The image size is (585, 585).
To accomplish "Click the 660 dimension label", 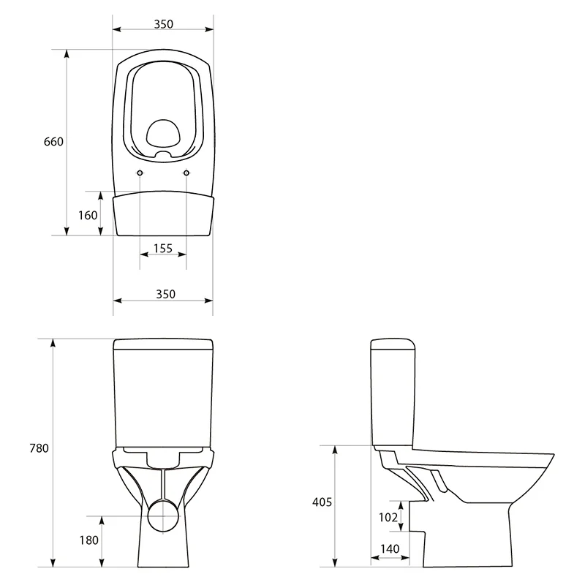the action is [x=53, y=142].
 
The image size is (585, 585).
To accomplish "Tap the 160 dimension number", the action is [x=88, y=215].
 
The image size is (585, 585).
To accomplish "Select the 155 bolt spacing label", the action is [x=163, y=249].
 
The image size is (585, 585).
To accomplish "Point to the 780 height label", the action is [x=39, y=448].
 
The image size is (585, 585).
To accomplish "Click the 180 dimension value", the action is [x=88, y=540].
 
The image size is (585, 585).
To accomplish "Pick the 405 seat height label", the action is [x=322, y=502].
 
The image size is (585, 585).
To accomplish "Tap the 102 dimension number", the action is [x=388, y=517].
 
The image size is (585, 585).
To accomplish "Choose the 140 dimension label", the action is [x=390, y=549].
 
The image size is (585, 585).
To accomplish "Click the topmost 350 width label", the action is [x=163, y=24].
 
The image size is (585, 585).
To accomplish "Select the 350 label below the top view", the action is [x=165, y=294].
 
